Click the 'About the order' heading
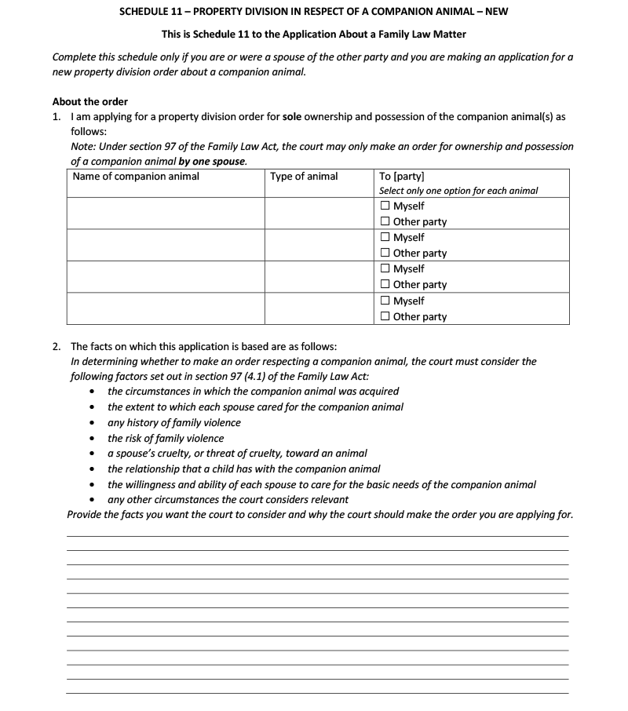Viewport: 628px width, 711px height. coord(89,101)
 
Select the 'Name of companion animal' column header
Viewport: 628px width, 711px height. coord(136,176)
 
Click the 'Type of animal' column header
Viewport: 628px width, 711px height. coord(304,176)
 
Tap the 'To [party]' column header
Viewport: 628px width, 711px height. coord(401,176)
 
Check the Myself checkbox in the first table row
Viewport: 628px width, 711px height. coord(385,206)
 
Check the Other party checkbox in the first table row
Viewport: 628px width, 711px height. coord(385,221)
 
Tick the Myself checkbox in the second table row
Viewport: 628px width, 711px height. coord(385,237)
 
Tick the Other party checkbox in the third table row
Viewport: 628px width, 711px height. coord(385,284)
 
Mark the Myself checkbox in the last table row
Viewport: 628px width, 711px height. coord(385,301)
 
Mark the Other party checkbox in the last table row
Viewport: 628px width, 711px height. coord(385,316)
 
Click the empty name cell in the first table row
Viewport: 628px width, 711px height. coord(165,213)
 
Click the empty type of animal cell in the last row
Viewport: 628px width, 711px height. coord(319,308)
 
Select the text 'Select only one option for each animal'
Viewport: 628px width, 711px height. coord(458,191)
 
